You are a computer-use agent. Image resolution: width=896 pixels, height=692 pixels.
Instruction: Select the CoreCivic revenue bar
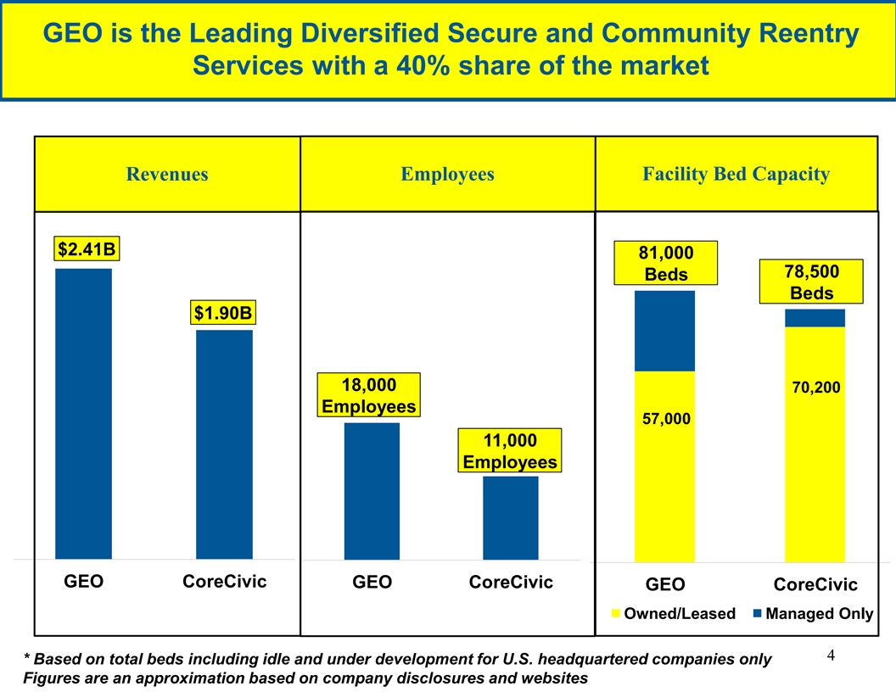pyautogui.click(x=224, y=444)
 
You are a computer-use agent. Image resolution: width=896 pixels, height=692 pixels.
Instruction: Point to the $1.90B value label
pyautogui.click(x=223, y=313)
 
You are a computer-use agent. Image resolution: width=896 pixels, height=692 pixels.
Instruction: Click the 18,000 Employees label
pyautogui.click(x=369, y=395)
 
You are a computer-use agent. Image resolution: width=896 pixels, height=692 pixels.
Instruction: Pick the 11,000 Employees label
pyautogui.click(x=510, y=451)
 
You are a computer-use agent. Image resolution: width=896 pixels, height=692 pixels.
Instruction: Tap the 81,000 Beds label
pyautogui.click(x=666, y=263)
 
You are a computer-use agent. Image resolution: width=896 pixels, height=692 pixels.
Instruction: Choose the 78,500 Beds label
pyautogui.click(x=812, y=282)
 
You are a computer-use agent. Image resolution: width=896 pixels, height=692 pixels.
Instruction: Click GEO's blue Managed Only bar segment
pyautogui.click(x=664, y=331)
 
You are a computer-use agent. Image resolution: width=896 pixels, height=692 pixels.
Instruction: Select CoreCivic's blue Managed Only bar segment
pyautogui.click(x=815, y=318)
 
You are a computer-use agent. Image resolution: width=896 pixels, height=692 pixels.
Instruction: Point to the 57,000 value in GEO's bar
pyautogui.click(x=666, y=419)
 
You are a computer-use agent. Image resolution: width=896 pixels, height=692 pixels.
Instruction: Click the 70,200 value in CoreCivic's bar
pyautogui.click(x=815, y=388)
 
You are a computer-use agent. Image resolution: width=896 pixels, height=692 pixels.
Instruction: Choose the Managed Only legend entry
pyautogui.click(x=812, y=614)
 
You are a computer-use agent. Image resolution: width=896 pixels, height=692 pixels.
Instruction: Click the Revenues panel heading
pyautogui.click(x=167, y=175)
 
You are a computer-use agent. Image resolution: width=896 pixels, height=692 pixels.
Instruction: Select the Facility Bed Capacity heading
pyautogui.click(x=736, y=175)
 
